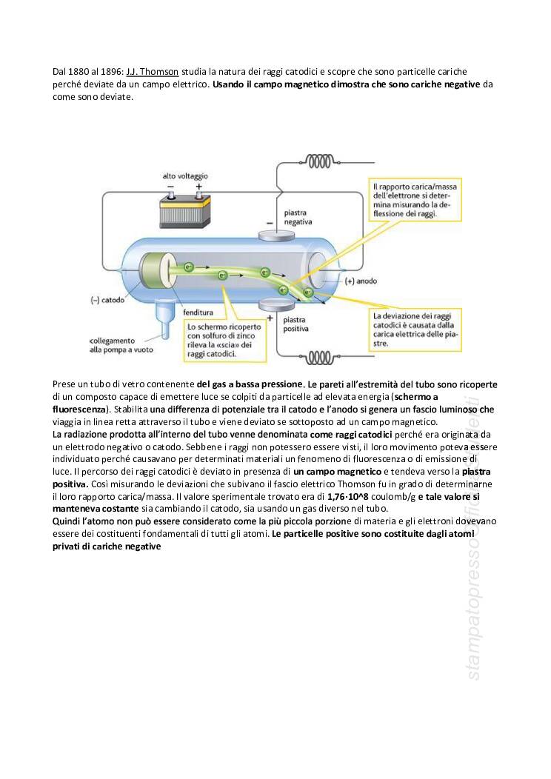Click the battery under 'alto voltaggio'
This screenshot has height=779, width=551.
(185, 210)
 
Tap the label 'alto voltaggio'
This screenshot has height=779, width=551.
(185, 176)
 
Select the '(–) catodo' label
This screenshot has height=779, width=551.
(107, 300)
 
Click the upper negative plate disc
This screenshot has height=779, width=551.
(278, 235)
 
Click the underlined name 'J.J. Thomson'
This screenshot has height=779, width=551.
(152, 72)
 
